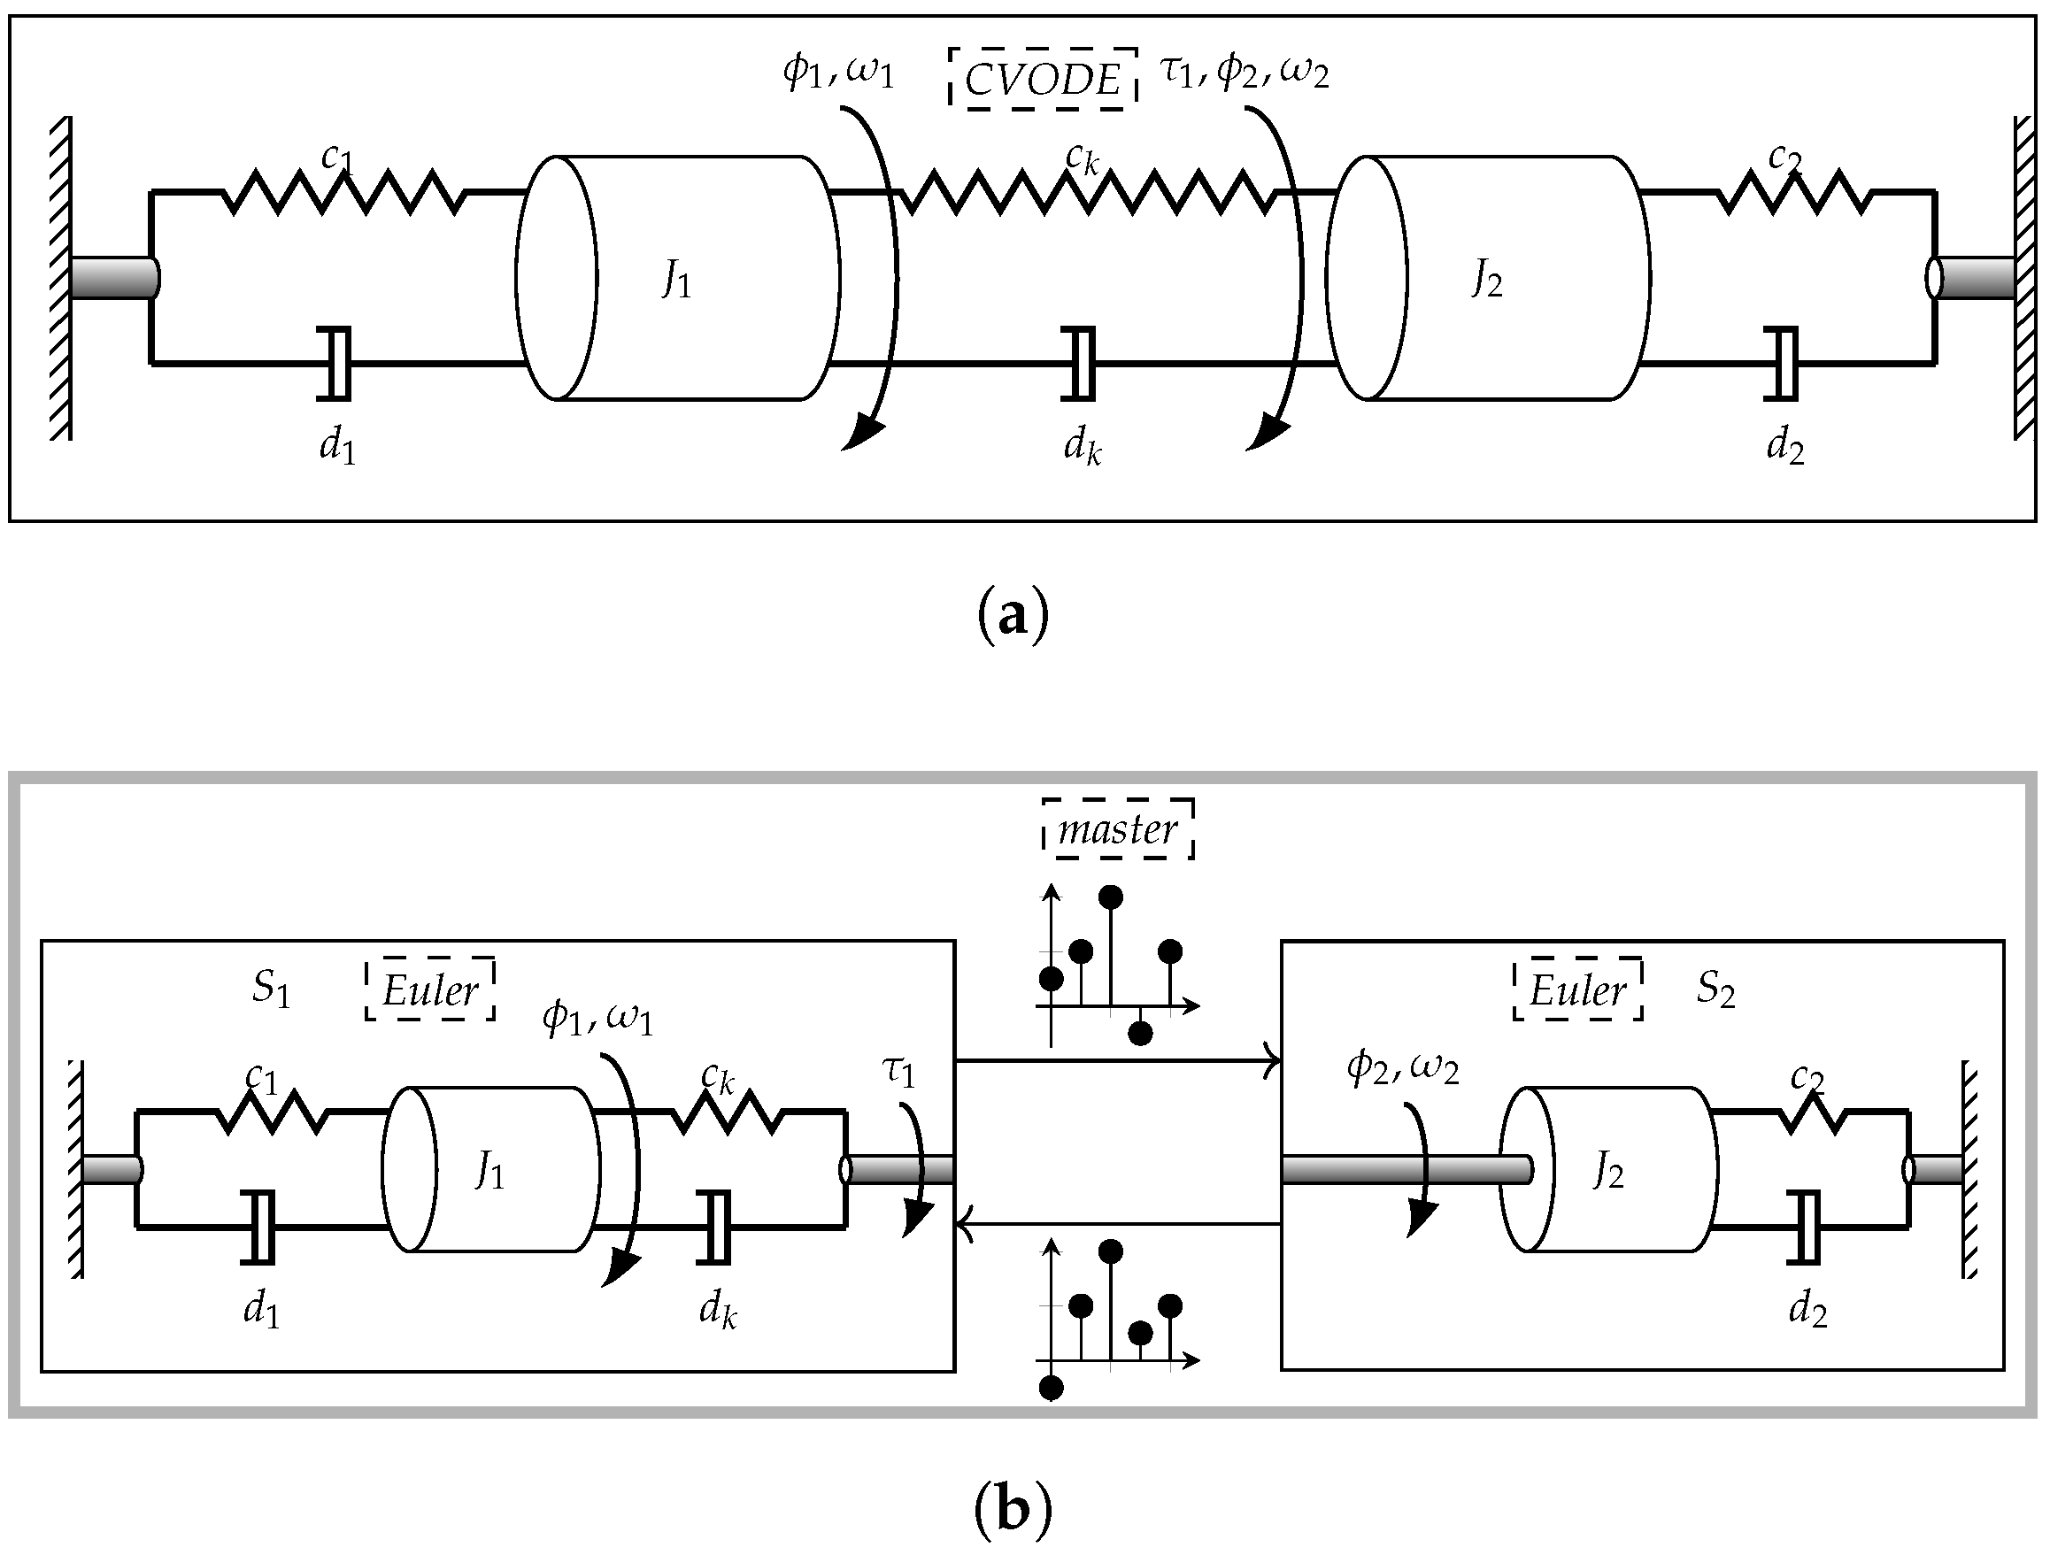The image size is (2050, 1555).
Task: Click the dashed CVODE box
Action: [x=1043, y=80]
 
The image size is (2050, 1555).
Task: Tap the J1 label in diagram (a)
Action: [x=676, y=279]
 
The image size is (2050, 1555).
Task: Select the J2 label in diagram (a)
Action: [x=1486, y=279]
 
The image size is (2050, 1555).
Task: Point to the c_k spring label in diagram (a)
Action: [x=1082, y=158]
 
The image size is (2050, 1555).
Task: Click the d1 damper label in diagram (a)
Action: [x=337, y=447]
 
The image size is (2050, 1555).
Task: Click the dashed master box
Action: [x=1118, y=828]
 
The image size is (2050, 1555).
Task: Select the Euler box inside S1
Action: [x=430, y=989]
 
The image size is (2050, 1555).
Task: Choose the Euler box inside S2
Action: [x=1577, y=989]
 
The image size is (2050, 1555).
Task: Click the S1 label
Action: [x=271, y=989]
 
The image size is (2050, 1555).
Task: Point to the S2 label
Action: [x=1715, y=989]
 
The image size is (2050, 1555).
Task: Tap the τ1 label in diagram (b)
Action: [x=898, y=1071]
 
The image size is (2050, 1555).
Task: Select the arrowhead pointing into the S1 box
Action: [x=964, y=1224]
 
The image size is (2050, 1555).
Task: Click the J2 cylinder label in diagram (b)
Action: [x=1608, y=1173]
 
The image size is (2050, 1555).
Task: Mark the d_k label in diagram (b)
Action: [x=717, y=1311]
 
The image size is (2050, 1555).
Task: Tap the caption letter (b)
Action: [x=1013, y=1510]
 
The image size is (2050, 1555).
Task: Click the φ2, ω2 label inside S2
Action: [x=1402, y=1068]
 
